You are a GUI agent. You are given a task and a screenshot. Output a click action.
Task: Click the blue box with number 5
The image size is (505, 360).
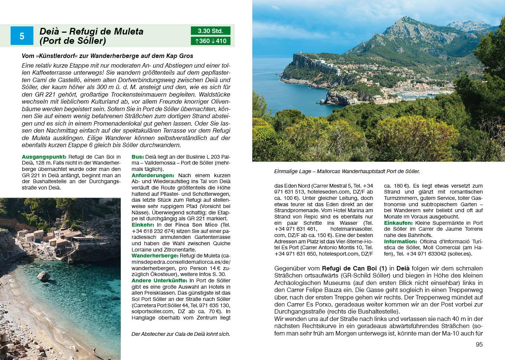tap(22, 36)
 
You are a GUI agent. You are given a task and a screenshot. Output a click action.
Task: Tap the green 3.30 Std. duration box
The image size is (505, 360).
tap(210, 31)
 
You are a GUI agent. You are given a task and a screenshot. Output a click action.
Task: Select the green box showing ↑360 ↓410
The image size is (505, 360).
tap(210, 41)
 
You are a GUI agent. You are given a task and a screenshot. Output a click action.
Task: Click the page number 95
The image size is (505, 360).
tap(479, 344)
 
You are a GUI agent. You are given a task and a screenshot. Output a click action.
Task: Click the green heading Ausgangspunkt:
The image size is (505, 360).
tap(44, 157)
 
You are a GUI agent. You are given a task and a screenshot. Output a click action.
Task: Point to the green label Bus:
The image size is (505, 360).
tap(137, 157)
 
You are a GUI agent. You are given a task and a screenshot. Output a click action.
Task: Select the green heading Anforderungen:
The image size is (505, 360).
tap(153, 175)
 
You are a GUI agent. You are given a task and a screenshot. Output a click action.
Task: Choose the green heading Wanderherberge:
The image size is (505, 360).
tap(155, 256)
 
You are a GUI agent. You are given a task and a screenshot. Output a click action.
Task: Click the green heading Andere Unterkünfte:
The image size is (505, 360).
tap(160, 280)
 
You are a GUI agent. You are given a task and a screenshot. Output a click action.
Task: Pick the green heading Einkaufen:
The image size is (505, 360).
tap(398, 223)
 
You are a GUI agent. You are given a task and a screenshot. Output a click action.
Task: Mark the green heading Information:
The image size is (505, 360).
tap(401, 241)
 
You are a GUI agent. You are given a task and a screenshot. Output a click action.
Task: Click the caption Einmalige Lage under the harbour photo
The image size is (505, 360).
tap(346, 172)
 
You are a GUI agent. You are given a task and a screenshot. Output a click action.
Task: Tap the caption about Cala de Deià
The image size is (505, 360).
tap(181, 334)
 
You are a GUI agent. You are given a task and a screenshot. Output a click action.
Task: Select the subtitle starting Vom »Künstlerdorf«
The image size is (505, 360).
tap(107, 56)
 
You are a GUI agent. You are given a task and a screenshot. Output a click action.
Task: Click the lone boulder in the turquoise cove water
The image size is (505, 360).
tap(43, 275)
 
